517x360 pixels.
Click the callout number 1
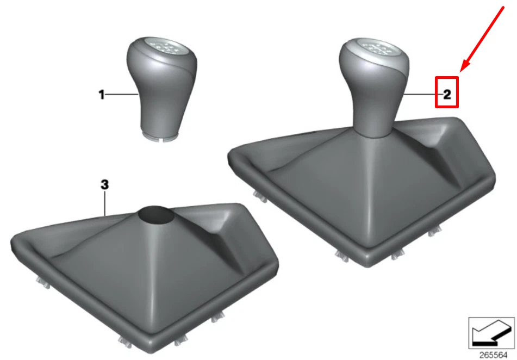102,95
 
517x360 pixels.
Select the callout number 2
447,95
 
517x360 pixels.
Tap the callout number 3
104,185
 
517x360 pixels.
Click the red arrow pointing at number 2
482,39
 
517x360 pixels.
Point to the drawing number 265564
493,355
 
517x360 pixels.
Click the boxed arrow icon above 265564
491,333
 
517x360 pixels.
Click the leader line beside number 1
122,95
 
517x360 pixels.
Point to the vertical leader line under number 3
105,203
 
